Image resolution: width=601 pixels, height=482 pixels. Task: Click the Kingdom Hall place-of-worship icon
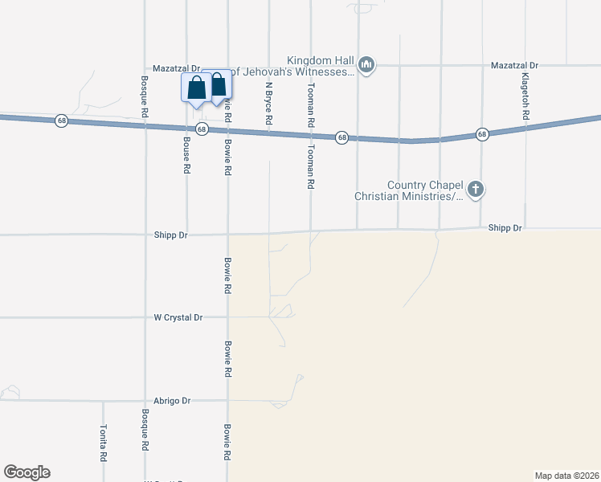coord(366,64)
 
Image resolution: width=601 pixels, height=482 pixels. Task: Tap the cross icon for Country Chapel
coord(476,190)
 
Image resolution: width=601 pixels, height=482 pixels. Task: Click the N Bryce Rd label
coord(269,104)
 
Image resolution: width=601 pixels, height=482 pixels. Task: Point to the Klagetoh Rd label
coord(525,96)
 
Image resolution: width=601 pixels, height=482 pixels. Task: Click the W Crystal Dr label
coord(178,317)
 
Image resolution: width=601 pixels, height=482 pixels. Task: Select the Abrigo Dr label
coord(174,400)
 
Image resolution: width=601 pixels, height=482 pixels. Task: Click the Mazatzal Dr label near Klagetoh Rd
coord(514,64)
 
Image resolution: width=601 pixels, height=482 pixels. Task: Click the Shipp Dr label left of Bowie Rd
coord(171,235)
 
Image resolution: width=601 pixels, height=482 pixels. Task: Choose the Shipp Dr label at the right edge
coord(505,229)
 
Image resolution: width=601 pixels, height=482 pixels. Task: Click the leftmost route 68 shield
coord(62,120)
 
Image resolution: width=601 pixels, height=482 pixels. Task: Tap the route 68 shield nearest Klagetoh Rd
coord(481,133)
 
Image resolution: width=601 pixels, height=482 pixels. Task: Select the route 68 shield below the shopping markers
coord(202,129)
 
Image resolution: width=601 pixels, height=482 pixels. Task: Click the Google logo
coord(27,472)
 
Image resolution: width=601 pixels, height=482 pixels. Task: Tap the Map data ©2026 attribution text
coord(566,475)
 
